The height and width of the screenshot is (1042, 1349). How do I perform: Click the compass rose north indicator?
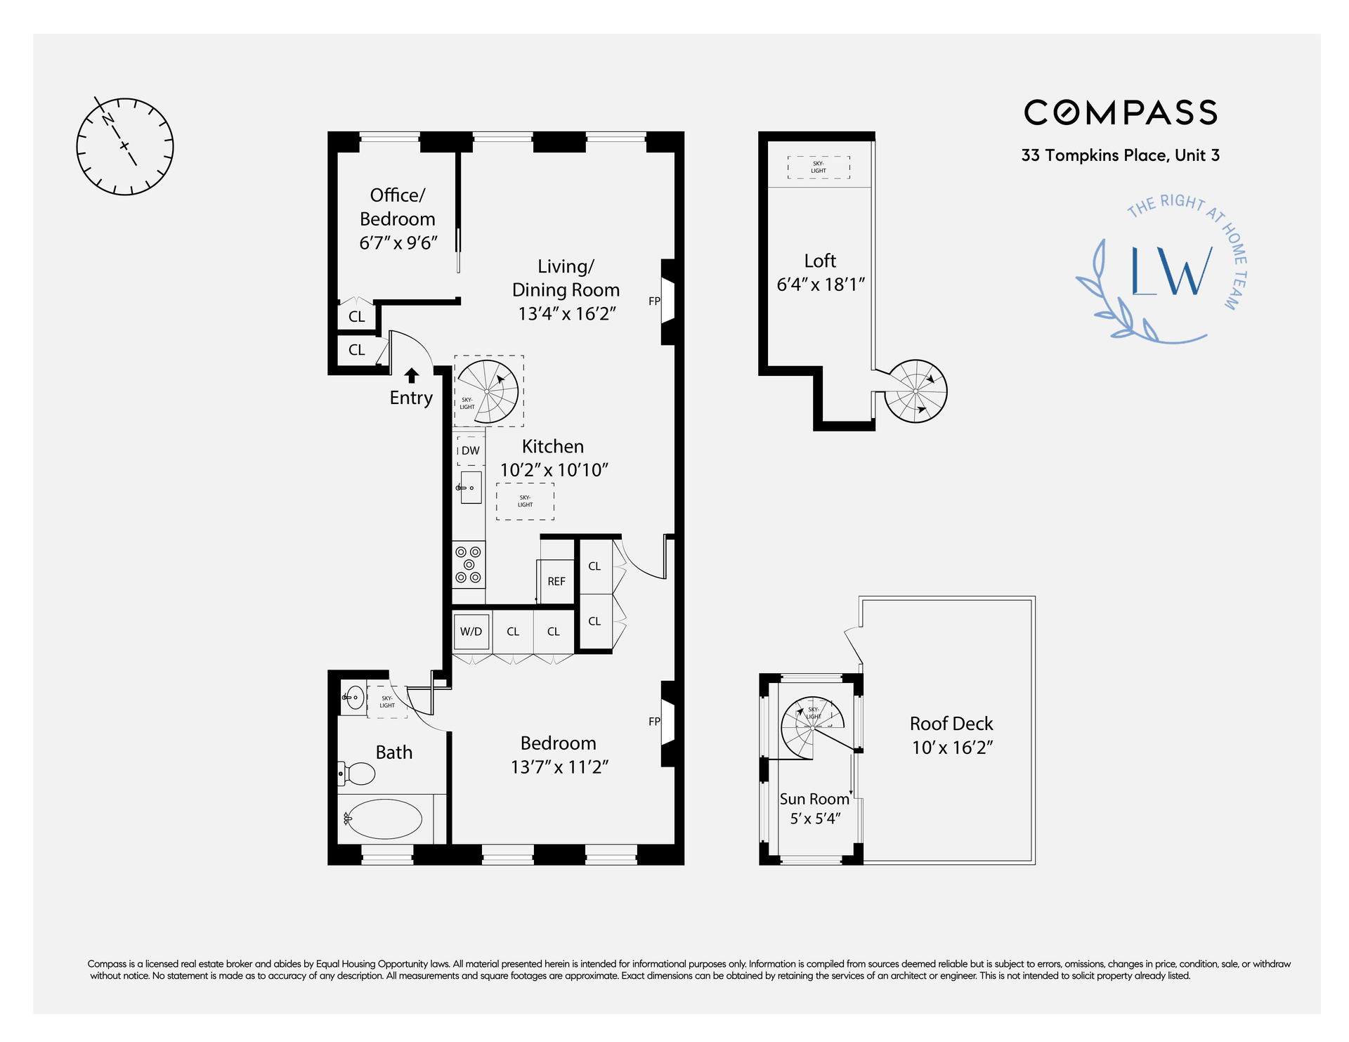(108, 119)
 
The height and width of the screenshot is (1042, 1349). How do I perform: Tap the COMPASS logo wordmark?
(1121, 112)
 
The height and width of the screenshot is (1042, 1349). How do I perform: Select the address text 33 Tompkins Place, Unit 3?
(1120, 155)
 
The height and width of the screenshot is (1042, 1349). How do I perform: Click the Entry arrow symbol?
(412, 375)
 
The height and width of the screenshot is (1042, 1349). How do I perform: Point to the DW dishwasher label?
(471, 450)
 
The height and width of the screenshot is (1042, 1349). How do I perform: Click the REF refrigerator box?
(556, 581)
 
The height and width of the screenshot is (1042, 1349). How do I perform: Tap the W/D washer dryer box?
(471, 632)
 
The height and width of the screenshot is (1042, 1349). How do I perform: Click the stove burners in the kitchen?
(469, 564)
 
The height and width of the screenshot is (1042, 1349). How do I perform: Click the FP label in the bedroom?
(654, 722)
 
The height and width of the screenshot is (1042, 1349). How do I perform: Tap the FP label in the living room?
(654, 301)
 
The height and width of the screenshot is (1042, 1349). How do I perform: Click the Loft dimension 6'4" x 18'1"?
(820, 285)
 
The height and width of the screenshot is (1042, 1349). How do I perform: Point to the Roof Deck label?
(951, 724)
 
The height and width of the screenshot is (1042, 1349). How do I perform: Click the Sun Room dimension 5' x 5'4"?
(815, 819)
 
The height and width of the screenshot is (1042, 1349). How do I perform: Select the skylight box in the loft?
(819, 167)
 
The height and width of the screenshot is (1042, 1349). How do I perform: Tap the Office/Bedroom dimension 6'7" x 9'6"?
(398, 243)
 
